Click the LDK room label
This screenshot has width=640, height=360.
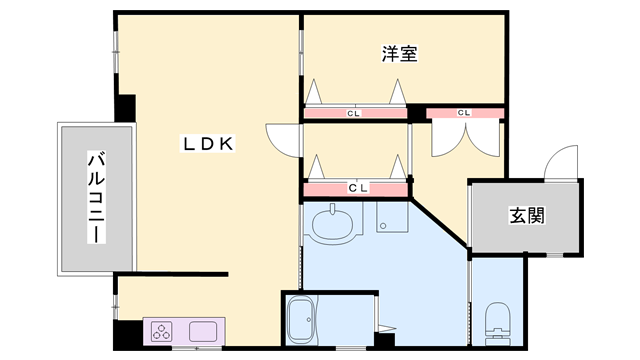point(208,144)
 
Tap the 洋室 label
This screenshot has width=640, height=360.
point(400,53)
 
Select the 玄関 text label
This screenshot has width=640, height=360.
point(527,216)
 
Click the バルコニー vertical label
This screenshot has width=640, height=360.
point(96,197)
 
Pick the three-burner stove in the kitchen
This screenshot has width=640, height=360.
point(162,331)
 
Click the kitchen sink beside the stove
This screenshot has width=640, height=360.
point(203,331)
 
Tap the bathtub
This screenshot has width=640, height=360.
point(301,320)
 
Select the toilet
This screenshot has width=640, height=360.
point(497,324)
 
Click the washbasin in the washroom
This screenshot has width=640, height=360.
point(332,224)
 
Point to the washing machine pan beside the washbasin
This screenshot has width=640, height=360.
point(392,218)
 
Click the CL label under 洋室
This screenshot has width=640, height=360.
point(353,113)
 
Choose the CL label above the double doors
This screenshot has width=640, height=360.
point(464,113)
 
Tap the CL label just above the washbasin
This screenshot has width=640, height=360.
point(358,188)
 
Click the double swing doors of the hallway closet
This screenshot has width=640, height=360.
point(465,140)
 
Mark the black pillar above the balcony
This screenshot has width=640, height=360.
point(126,108)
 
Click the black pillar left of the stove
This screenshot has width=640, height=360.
point(129,334)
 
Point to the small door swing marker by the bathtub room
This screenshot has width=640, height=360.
point(387,328)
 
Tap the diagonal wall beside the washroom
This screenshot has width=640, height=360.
point(439,223)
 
